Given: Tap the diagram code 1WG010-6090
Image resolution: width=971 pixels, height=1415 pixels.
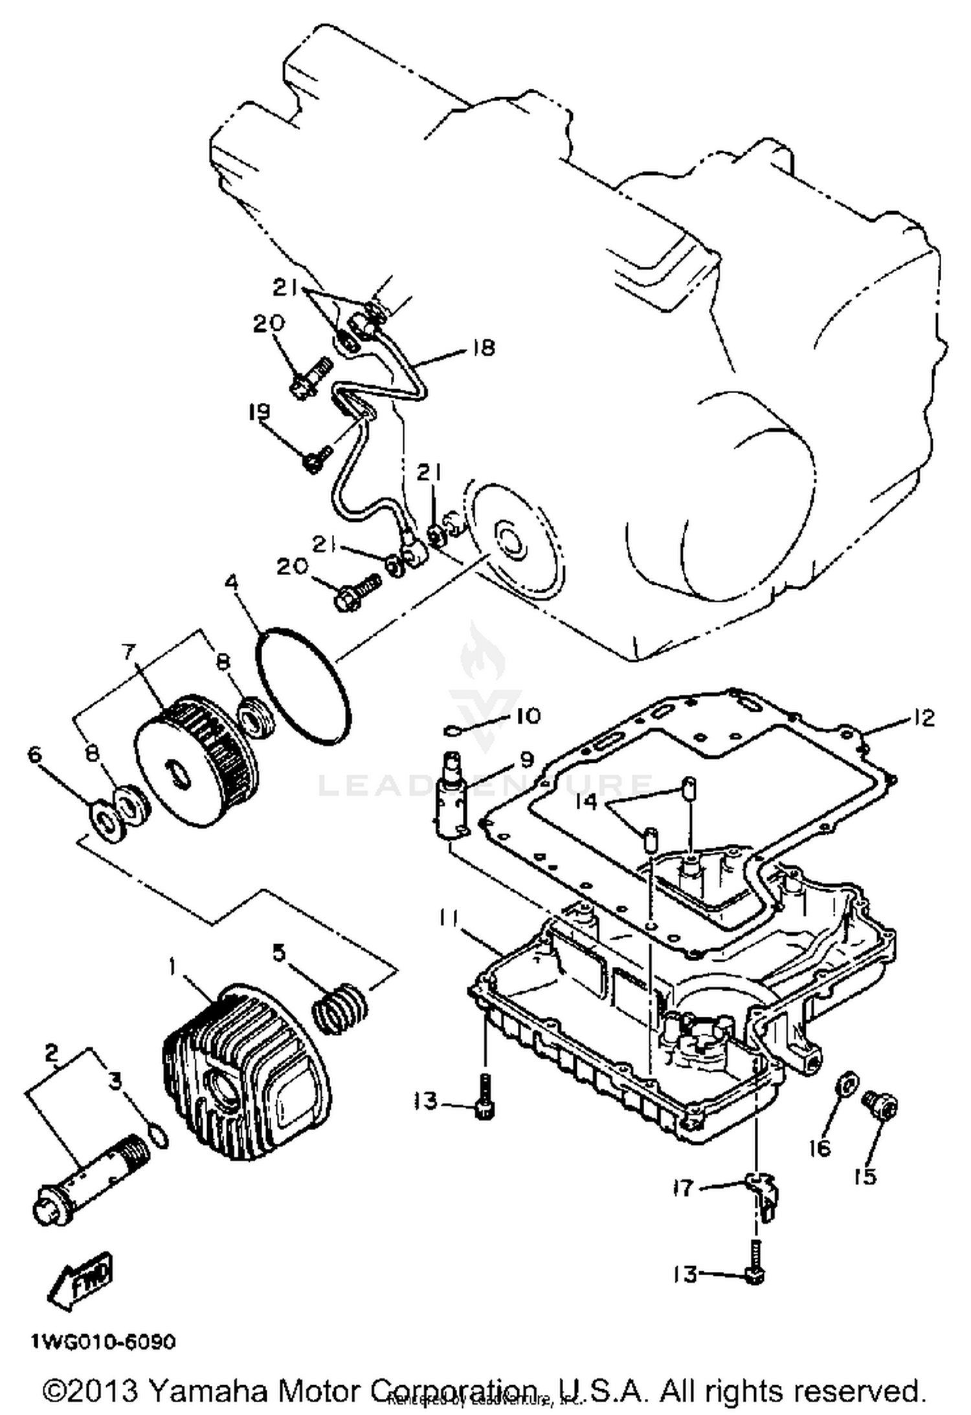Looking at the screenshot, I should tap(102, 1342).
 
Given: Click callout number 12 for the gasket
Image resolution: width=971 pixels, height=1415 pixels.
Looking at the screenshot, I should tap(924, 718).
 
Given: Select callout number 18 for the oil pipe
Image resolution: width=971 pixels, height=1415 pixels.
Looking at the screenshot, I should tap(484, 348).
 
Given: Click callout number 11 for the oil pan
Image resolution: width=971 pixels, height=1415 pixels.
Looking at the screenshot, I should tap(449, 918).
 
